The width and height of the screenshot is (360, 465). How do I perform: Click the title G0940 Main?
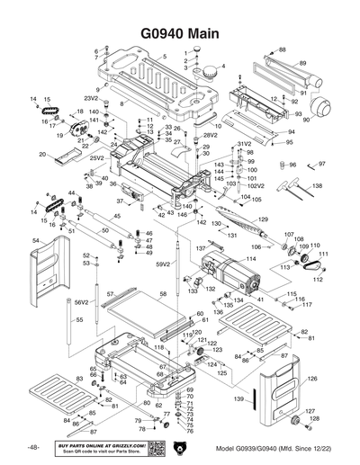180,29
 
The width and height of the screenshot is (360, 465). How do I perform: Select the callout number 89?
303,62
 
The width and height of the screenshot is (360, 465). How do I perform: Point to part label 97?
321,164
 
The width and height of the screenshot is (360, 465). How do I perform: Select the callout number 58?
163,294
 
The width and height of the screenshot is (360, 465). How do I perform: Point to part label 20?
42,155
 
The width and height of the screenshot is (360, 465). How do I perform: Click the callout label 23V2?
91,97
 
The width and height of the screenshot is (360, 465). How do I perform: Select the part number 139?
238,398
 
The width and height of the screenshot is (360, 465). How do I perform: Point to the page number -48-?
32,447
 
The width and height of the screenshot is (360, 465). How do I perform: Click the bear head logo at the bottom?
178,448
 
